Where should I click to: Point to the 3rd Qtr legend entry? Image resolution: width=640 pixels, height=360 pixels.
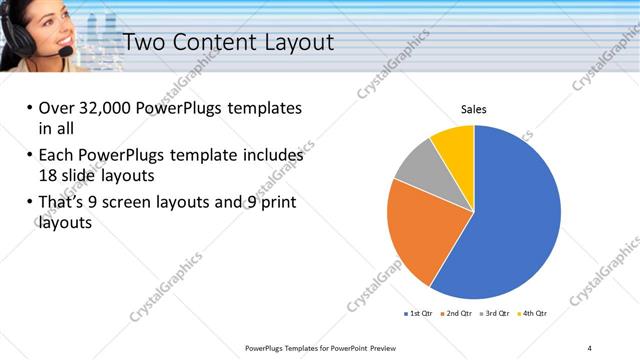pos(495,313)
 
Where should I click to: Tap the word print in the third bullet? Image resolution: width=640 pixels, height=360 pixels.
pos(277,203)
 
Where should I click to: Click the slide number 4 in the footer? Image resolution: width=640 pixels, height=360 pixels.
pos(589,347)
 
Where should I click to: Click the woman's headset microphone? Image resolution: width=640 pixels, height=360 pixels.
pos(63,51)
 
